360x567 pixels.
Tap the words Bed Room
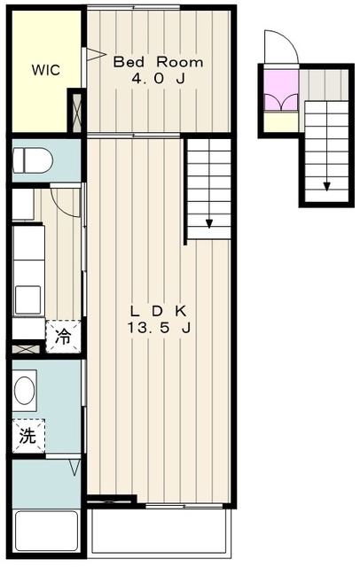point(158,62)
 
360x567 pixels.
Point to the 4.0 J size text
point(158,81)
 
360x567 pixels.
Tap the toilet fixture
point(34,161)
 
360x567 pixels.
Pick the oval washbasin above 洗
point(27,390)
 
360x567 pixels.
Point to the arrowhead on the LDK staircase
point(210,224)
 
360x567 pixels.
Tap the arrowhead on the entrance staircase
point(326,187)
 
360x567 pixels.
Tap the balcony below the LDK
point(160,532)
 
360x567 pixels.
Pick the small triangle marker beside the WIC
point(89,55)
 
